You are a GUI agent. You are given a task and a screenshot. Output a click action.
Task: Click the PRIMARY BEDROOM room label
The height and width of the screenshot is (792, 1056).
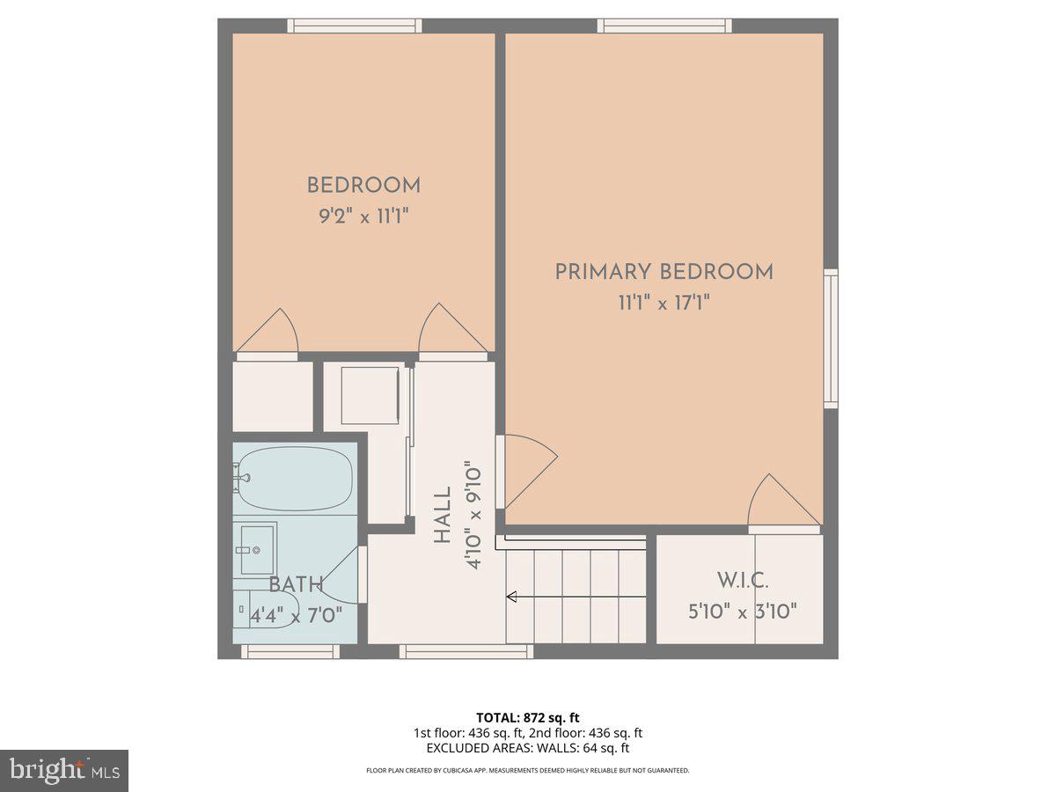click(664, 272)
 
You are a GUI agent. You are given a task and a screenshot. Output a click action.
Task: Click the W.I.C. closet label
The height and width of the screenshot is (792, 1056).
click(742, 581)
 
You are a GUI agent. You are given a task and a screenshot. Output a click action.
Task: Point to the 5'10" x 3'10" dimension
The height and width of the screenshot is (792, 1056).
click(742, 611)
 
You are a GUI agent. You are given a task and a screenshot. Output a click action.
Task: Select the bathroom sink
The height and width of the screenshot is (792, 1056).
click(255, 548)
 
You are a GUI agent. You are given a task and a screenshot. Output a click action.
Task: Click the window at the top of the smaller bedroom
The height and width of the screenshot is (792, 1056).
click(356, 26)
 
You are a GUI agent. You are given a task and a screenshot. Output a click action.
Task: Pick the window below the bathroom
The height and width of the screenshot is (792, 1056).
click(290, 651)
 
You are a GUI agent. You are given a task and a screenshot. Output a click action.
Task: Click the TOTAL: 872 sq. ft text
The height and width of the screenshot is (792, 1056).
click(527, 717)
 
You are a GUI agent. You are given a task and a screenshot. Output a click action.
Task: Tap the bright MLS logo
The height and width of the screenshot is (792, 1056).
click(64, 770)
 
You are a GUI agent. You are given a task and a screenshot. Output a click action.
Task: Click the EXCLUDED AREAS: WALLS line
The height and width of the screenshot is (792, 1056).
click(527, 748)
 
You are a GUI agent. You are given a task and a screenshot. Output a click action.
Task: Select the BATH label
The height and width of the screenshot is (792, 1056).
click(296, 584)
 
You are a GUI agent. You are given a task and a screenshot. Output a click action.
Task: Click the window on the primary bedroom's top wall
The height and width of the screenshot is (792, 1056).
click(664, 26)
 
